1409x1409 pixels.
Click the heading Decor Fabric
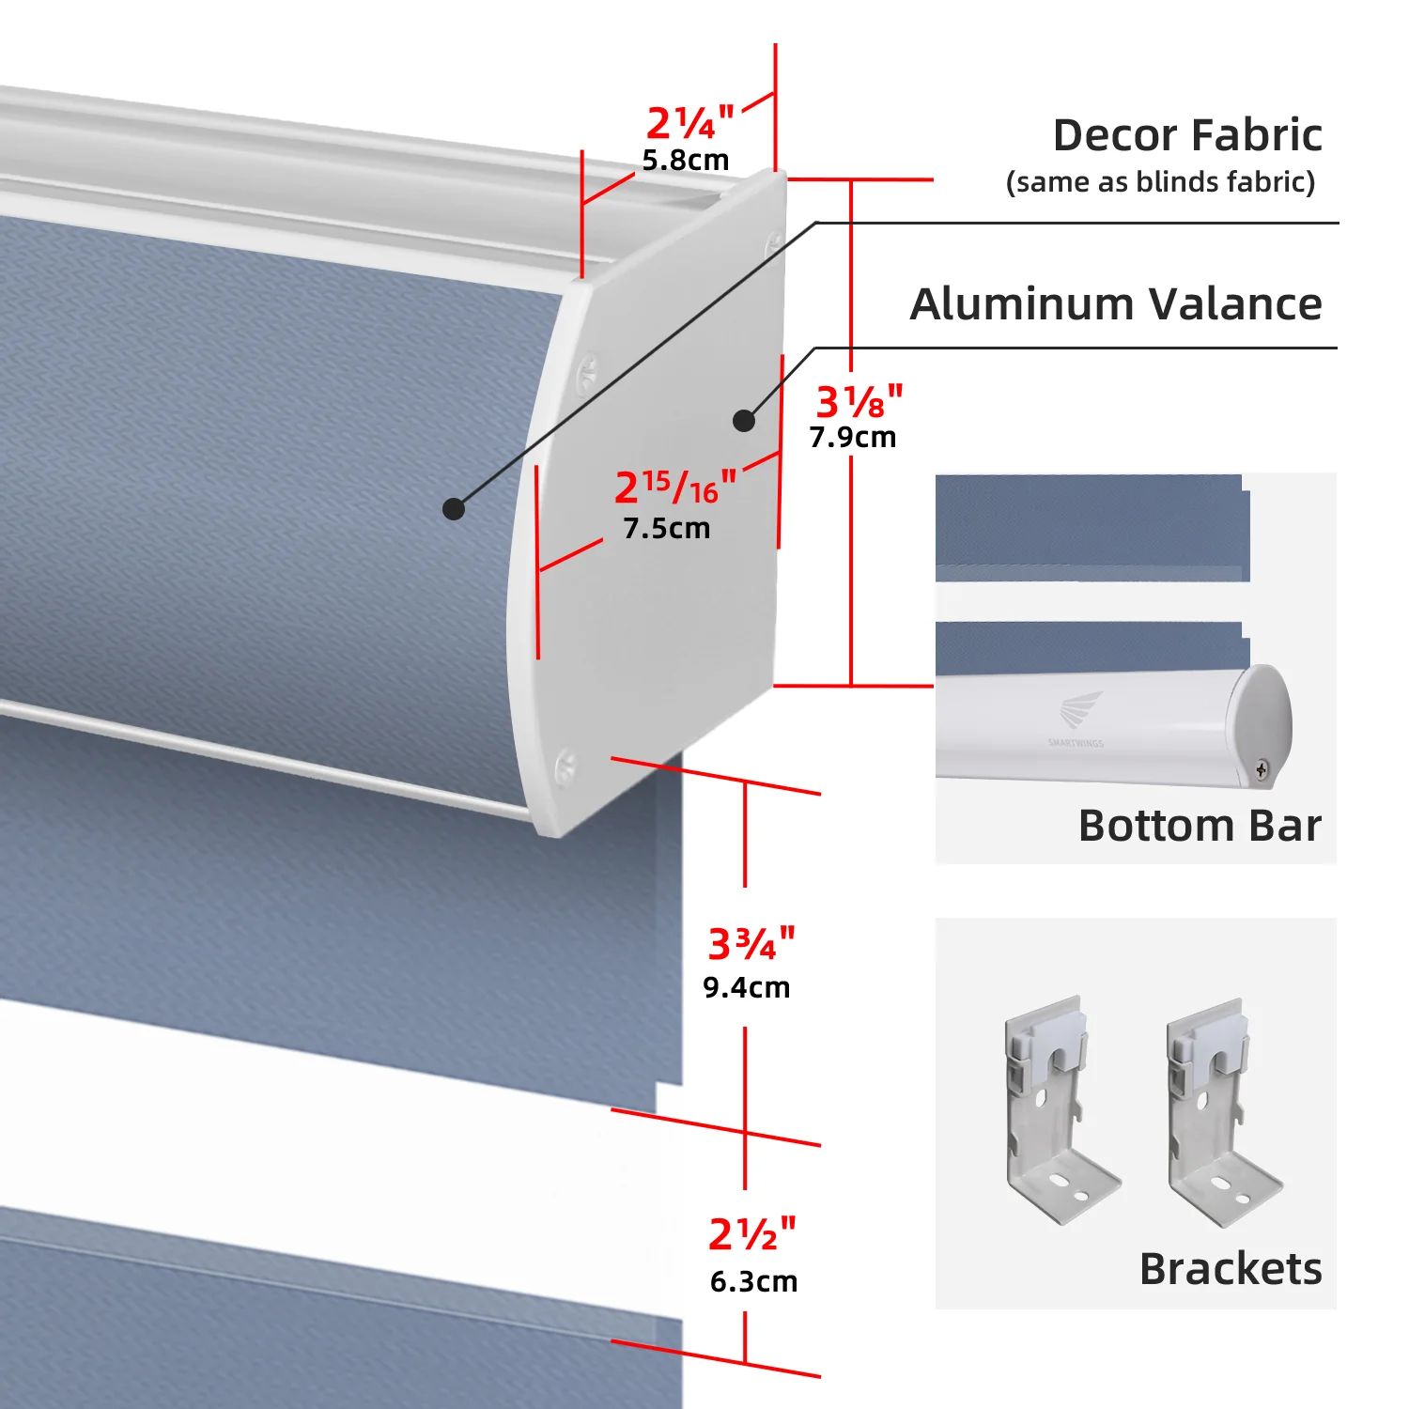point(1187,135)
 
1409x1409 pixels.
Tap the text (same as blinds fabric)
point(1160,181)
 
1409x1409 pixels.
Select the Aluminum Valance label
point(1116,304)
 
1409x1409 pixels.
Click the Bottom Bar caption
point(1200,826)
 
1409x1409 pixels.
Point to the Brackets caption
point(1231,1269)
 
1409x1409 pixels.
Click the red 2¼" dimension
point(689,123)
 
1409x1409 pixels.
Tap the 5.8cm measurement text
point(686,161)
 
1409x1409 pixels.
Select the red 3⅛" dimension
point(859,401)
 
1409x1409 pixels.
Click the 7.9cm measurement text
point(853,438)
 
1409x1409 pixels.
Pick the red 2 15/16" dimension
point(675,487)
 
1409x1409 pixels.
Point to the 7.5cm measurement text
point(667,529)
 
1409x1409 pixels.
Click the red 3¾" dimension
point(751,944)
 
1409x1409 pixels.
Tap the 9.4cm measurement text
point(747,988)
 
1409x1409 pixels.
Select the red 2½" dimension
point(752,1233)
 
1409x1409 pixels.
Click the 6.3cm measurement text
point(753,1282)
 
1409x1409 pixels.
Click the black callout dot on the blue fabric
point(454,508)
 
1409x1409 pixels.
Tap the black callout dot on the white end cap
point(744,420)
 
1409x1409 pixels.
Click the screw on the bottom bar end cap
point(1262,770)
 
